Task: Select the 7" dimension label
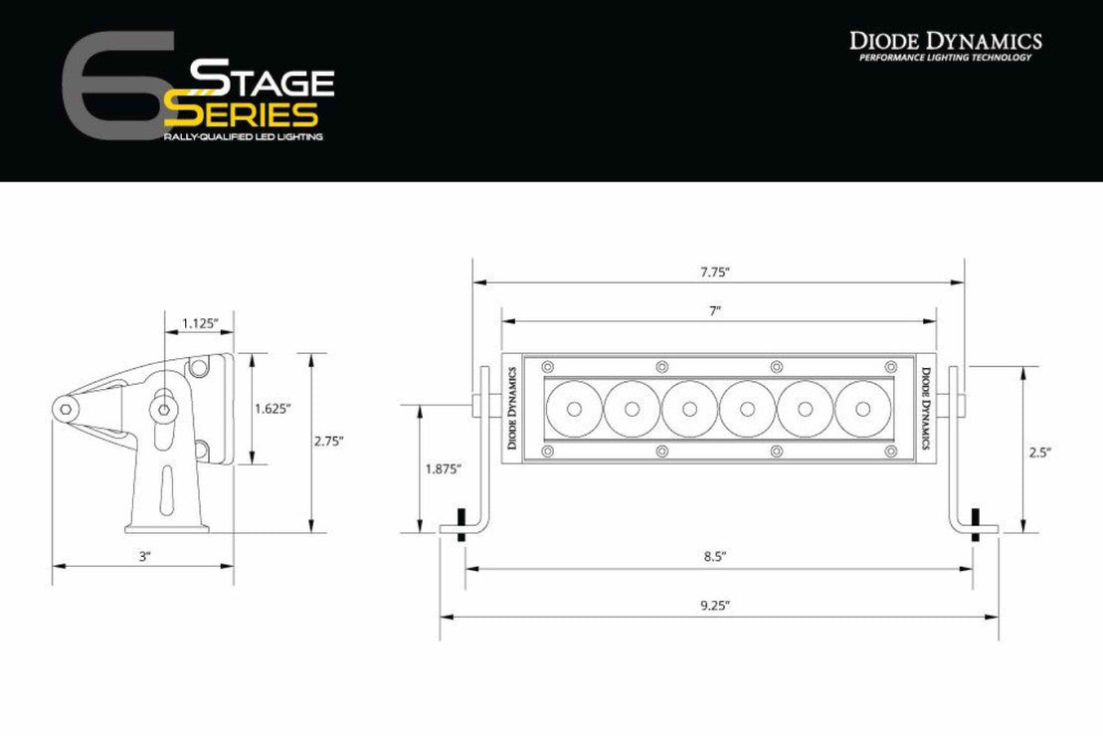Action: [x=714, y=311]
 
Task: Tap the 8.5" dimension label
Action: [x=716, y=558]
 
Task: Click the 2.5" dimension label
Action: [x=1039, y=451]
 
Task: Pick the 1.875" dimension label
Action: [x=444, y=469]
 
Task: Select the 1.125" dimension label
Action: [x=200, y=322]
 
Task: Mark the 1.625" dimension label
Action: [x=272, y=408]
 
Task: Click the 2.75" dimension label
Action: [x=327, y=441]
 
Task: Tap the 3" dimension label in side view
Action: [x=144, y=557]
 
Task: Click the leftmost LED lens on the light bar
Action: [x=574, y=408]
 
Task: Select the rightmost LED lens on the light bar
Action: [x=863, y=408]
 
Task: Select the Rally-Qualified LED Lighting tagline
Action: [x=242, y=135]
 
